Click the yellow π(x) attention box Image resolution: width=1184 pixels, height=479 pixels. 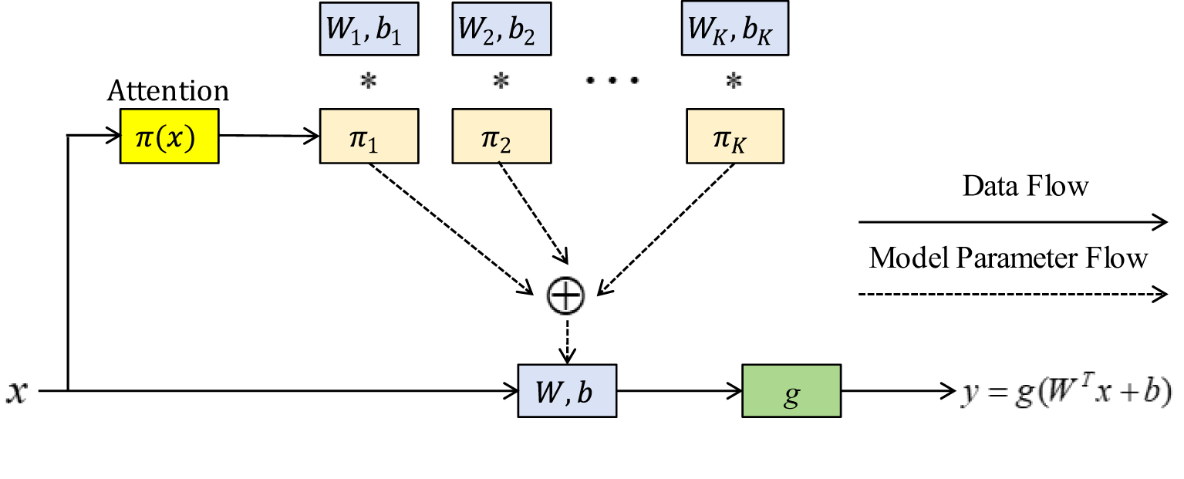[x=169, y=136]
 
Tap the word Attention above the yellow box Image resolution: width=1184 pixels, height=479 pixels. [x=168, y=91]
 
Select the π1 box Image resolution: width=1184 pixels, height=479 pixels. [x=369, y=136]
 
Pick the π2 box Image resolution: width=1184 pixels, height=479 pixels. [x=501, y=136]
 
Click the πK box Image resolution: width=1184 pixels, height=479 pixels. [x=734, y=136]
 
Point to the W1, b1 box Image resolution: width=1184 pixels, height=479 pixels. [x=369, y=31]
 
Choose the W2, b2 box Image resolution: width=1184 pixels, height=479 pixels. [x=501, y=31]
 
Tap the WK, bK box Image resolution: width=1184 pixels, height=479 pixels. [x=734, y=31]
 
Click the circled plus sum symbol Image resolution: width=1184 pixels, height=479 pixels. [x=565, y=295]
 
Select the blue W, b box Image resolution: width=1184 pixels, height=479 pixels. [x=567, y=391]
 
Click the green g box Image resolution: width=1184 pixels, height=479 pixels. [x=791, y=391]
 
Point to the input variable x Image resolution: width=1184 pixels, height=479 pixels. [x=15, y=392]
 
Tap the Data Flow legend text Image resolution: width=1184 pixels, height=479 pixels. [x=1025, y=186]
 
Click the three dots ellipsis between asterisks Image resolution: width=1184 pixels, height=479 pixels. [x=612, y=81]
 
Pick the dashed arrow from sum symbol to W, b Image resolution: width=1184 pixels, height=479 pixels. [x=567, y=339]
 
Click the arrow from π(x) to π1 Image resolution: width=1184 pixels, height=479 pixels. [x=269, y=137]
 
